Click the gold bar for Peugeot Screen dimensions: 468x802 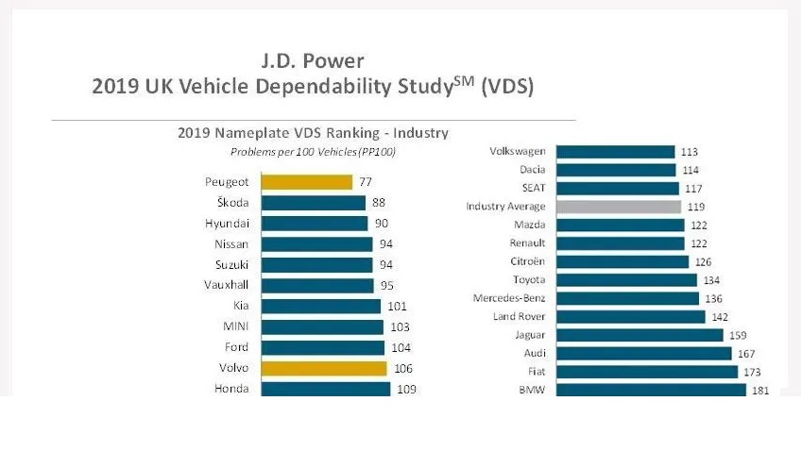[x=306, y=182]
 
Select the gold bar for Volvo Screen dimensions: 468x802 [x=323, y=368]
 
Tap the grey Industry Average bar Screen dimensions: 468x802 [x=618, y=207]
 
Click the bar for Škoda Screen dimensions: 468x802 [x=313, y=203]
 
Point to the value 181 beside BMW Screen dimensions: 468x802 [x=759, y=391]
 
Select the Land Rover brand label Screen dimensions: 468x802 [x=520, y=316]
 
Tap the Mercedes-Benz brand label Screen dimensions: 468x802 [x=511, y=298]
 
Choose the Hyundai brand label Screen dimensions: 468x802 [x=227, y=224]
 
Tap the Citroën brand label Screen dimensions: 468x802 [x=527, y=261]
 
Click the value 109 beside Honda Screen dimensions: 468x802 [x=407, y=389]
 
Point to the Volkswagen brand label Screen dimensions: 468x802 [x=518, y=151]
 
